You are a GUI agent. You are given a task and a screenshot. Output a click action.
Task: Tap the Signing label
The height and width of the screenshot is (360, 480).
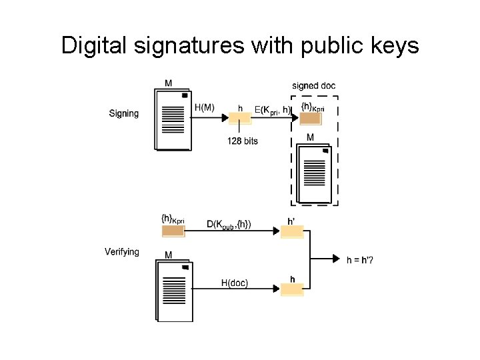click(124, 113)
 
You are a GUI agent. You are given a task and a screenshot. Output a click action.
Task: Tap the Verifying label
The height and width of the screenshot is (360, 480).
click(122, 251)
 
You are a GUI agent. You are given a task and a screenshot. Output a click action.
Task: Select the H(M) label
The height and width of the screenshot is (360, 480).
click(204, 107)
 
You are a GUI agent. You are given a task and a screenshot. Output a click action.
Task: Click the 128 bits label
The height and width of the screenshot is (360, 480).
click(243, 141)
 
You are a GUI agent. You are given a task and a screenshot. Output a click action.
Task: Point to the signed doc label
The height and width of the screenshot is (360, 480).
click(314, 85)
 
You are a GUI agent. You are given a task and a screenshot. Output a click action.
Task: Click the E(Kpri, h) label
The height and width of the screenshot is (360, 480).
click(273, 109)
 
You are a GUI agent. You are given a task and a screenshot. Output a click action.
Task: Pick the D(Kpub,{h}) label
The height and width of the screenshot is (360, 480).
click(229, 225)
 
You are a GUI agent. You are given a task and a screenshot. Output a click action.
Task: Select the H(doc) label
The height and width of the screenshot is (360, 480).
click(235, 283)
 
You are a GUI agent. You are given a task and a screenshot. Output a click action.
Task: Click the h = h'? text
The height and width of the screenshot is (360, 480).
click(360, 259)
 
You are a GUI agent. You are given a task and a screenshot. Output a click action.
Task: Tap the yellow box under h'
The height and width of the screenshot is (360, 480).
click(292, 232)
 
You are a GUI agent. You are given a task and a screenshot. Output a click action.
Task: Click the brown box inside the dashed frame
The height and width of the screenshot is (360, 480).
click(310, 119)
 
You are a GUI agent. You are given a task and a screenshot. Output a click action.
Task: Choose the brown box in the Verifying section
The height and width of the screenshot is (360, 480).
click(173, 231)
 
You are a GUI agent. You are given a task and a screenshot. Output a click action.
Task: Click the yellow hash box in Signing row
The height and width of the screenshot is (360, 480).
click(240, 119)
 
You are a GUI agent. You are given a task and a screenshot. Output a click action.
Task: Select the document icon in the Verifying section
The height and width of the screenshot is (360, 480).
click(174, 291)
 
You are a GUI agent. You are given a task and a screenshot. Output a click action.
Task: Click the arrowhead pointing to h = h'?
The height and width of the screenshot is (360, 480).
click(338, 259)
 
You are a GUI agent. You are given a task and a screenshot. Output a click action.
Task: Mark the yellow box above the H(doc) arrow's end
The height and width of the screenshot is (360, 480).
click(292, 289)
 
